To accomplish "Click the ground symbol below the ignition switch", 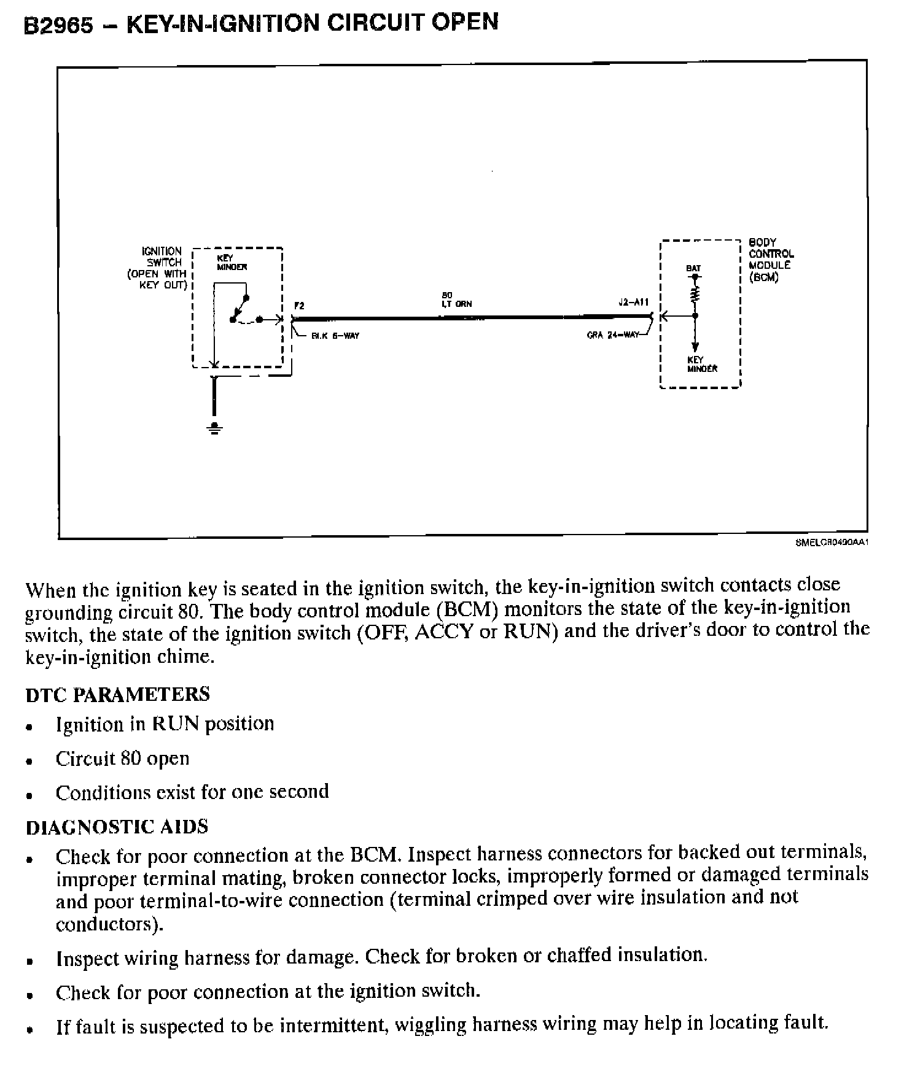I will [x=214, y=428].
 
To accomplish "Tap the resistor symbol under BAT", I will [x=695, y=296].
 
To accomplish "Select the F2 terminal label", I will [x=299, y=305].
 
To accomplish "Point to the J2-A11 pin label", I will [x=634, y=303].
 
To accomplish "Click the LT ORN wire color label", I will [x=457, y=304].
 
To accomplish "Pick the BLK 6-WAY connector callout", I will [x=335, y=336].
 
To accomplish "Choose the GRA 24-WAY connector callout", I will [x=613, y=336].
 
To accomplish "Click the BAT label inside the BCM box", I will [x=693, y=268].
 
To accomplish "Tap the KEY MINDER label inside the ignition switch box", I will [x=232, y=263].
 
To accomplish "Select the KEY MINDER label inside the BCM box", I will [x=702, y=365].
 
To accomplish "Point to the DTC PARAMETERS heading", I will [x=117, y=694].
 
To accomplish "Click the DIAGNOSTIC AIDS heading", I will [x=117, y=827].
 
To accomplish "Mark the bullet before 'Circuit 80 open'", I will [x=29, y=762].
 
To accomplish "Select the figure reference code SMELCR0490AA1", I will [x=832, y=543].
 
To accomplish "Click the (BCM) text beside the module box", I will [x=763, y=277].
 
